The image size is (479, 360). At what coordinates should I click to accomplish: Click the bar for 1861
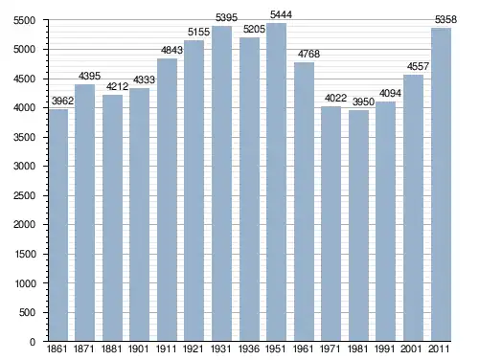click(x=58, y=225)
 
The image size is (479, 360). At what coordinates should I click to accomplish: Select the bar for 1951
click(x=277, y=182)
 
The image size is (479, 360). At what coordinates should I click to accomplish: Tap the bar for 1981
click(x=358, y=226)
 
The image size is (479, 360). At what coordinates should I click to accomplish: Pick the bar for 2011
click(x=441, y=185)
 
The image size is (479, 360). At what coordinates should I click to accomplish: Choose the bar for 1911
click(x=167, y=200)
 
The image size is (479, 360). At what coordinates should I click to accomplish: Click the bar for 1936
click(x=249, y=190)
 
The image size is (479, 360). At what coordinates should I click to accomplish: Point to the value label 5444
click(x=281, y=14)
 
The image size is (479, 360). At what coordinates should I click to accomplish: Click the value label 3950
click(x=363, y=101)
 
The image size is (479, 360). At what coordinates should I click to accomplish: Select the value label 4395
click(x=89, y=76)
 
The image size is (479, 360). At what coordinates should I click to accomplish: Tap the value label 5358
click(x=445, y=20)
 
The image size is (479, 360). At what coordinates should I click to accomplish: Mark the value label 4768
click(x=308, y=54)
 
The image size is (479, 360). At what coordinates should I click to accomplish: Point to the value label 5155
click(x=198, y=33)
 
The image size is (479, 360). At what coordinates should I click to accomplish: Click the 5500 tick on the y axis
click(x=24, y=21)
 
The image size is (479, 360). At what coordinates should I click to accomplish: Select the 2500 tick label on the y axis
click(x=24, y=195)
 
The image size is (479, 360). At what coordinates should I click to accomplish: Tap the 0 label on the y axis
click(x=33, y=342)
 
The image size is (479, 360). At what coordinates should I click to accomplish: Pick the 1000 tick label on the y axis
click(x=25, y=283)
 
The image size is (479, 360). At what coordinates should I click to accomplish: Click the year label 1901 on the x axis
click(x=138, y=349)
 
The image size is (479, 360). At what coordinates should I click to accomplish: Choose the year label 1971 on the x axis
click(x=331, y=349)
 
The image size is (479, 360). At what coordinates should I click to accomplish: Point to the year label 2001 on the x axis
click(x=412, y=349)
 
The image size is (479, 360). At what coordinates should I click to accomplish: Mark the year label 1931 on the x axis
click(x=220, y=349)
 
